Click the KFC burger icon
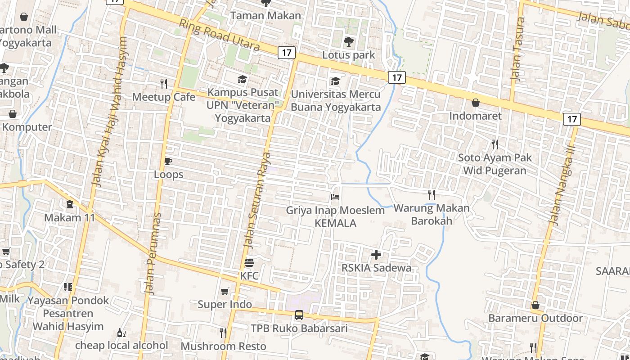pos(249,262)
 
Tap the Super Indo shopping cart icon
pos(225,291)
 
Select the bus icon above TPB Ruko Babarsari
pos(299,315)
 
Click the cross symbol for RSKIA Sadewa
pos(376,255)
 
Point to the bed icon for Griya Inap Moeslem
pos(335,197)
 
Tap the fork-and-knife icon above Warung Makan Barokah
pos(432,194)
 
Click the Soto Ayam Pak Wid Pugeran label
pos(495,164)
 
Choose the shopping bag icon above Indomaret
pos(476,103)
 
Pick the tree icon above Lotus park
pos(348,42)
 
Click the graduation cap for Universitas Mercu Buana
pos(335,81)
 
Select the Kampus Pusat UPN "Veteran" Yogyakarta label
pos(243,105)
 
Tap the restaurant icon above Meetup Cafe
pos(164,83)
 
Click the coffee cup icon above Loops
pos(168,161)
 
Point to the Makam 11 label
pos(70,218)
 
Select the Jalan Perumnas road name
pos(153,254)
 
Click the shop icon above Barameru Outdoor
pos(535,305)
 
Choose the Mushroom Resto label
pos(224,346)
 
